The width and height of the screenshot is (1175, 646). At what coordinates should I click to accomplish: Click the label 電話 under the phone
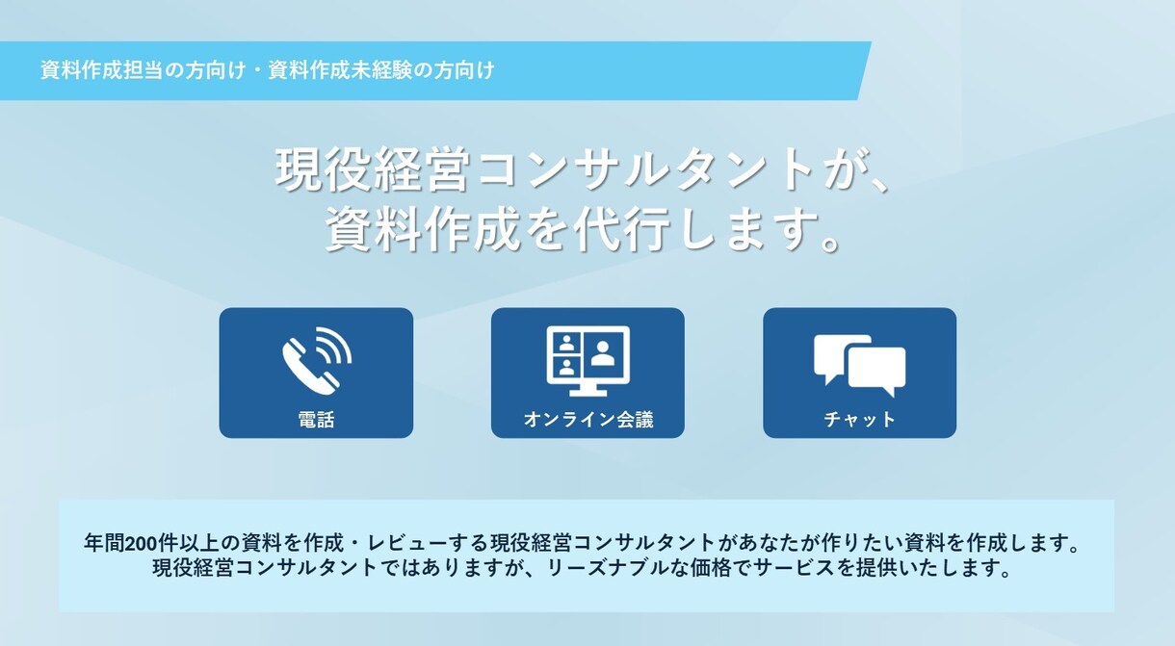(x=316, y=420)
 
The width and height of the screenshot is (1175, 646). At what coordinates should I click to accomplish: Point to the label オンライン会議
(x=587, y=420)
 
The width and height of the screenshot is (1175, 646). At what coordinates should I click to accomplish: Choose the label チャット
(x=859, y=420)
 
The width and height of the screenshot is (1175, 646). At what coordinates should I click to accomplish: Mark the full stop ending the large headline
(x=830, y=241)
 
